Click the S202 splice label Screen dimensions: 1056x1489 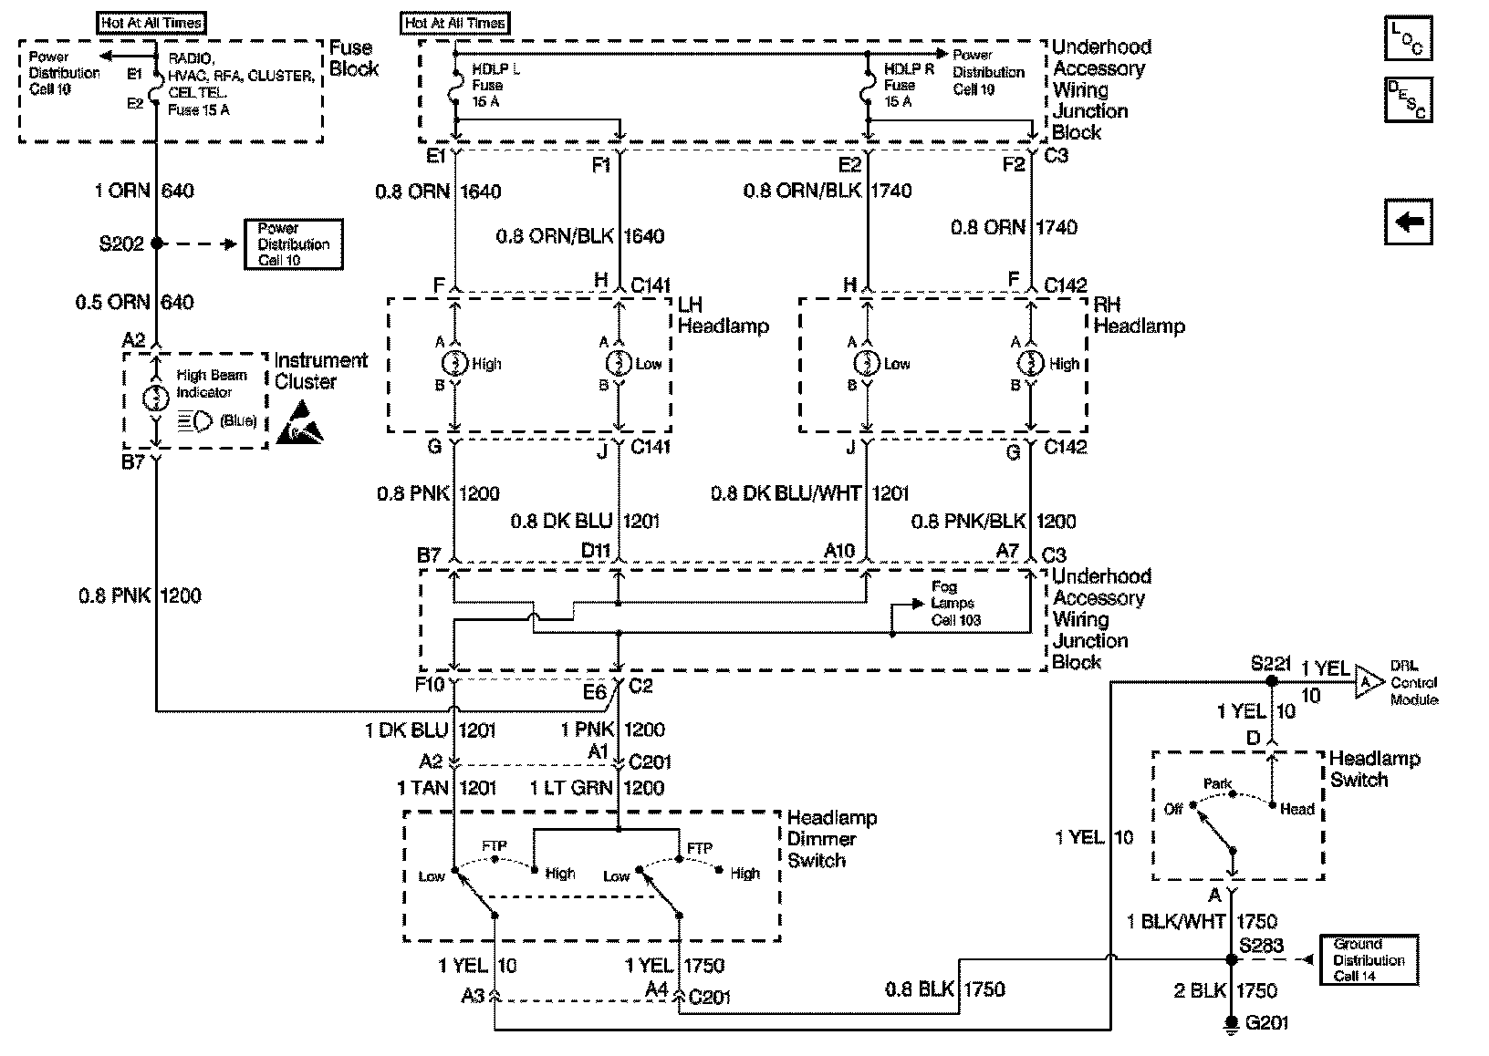pos(120,244)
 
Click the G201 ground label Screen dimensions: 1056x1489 pos(1267,1023)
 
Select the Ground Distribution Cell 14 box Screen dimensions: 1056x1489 pos(1369,959)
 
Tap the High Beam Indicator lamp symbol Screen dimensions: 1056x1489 pos(157,399)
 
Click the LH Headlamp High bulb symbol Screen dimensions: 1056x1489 pos(454,363)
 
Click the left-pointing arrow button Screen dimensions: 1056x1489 pos(1408,222)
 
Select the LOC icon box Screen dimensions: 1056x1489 pos(1408,37)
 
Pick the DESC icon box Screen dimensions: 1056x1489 pos(1408,99)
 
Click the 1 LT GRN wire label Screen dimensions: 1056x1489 pos(571,788)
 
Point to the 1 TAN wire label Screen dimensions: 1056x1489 pos(422,788)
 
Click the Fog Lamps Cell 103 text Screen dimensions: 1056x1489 pos(953,603)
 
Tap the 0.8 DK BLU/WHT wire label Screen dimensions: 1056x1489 pos(786,493)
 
